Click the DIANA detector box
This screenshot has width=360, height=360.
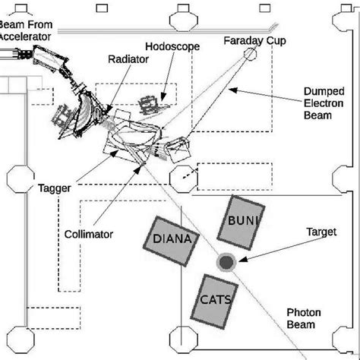172,242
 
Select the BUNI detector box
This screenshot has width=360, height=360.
242,223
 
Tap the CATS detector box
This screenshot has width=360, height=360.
214,302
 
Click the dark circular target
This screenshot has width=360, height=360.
226,262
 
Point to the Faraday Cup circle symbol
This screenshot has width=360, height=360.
250,54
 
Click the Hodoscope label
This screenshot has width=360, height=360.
172,46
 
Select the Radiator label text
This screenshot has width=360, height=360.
128,59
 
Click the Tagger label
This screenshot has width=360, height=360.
55,188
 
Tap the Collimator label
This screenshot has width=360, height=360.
89,235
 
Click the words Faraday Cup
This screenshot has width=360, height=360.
255,41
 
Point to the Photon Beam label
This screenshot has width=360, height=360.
304,318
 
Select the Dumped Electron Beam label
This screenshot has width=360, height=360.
324,103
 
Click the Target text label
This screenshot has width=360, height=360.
321,232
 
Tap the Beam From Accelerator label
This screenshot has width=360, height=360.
26,30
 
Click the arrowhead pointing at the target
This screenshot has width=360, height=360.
242,260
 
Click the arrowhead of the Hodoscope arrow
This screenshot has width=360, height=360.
163,97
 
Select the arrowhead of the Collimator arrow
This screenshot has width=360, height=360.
137,170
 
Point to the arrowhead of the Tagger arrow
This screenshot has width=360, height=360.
115,153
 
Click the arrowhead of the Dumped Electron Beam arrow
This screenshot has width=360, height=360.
233,90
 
